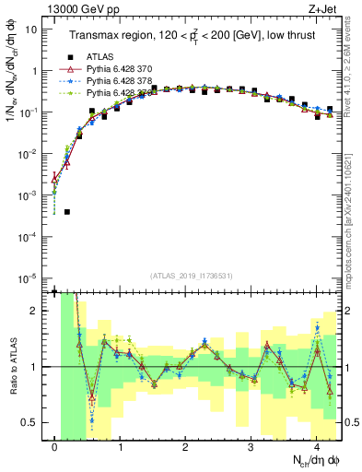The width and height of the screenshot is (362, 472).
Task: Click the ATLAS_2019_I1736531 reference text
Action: click(191, 275)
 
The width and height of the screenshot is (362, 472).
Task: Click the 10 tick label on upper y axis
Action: click(30, 29)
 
